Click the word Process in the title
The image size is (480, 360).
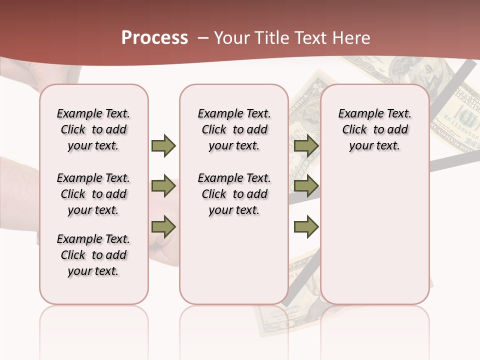154,38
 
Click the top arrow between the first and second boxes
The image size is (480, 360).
163,145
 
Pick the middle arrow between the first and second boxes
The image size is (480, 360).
163,186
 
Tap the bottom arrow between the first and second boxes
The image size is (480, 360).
163,226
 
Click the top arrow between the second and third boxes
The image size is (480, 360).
306,145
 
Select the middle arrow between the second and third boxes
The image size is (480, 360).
306,186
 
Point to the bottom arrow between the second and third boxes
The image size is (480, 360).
306,226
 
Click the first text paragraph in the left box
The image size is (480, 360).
93,129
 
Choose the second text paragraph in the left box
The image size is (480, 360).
93,194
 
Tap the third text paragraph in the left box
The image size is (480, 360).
93,255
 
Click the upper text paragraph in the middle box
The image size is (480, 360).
234,129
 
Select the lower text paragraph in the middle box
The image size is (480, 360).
234,194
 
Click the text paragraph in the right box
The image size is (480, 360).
375,129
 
